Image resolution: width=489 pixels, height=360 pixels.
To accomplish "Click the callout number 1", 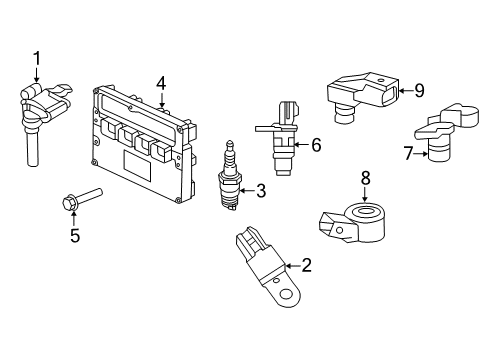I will pos(36,59).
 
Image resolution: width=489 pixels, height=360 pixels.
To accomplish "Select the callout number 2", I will pos(307,265).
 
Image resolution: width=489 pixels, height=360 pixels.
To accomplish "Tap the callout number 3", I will pos(260,189).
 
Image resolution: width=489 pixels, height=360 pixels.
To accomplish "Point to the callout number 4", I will pos(161,83).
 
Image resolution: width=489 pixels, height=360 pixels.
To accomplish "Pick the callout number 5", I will pos(73,236).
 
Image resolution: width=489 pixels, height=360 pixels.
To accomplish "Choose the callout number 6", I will pos(316,145).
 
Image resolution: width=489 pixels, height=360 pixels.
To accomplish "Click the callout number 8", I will pos(366,178).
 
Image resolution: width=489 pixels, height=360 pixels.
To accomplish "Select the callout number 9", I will pos(419,90).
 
